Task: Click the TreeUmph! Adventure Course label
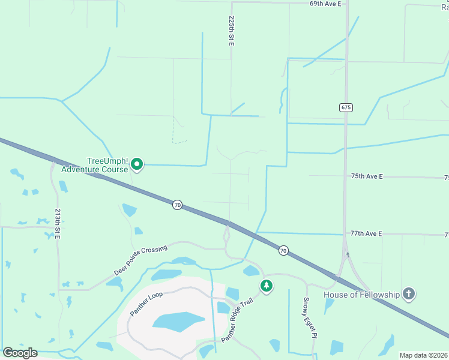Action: click(107, 165)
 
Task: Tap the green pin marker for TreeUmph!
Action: click(137, 163)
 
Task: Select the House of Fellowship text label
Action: click(361, 295)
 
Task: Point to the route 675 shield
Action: click(345, 107)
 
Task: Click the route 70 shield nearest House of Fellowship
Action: click(283, 250)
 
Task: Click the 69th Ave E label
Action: click(325, 4)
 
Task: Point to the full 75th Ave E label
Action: click(367, 176)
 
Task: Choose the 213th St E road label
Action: click(58, 224)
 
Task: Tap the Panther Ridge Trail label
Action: click(238, 320)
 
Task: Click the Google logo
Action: click(20, 353)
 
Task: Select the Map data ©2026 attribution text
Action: click(423, 355)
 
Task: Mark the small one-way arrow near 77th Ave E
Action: click(348, 254)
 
